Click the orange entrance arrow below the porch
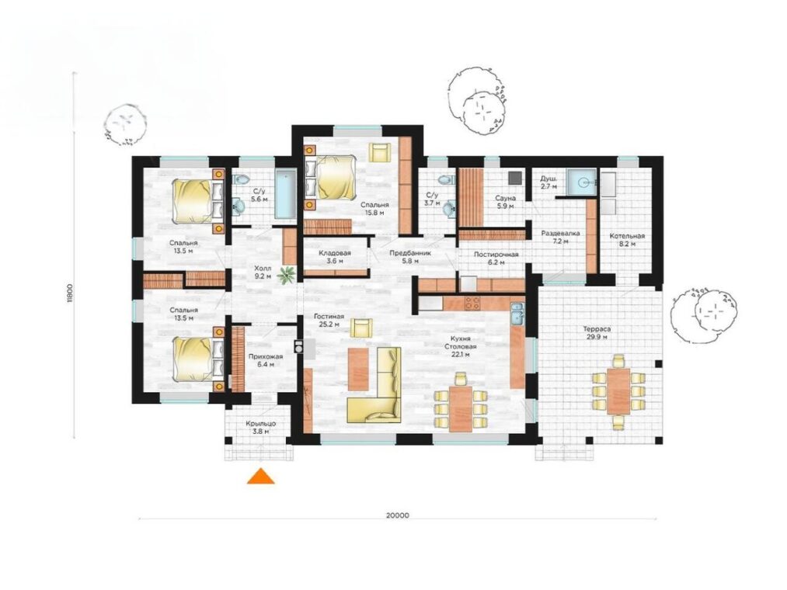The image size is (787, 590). (x=260, y=477)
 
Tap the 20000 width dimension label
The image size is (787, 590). (x=398, y=515)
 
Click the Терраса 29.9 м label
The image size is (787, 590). (x=597, y=333)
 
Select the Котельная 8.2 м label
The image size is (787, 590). (x=627, y=240)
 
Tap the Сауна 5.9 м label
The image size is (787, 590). (x=505, y=202)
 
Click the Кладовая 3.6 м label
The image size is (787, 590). (x=334, y=257)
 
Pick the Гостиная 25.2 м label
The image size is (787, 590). (x=329, y=320)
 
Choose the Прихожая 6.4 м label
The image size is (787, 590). (x=266, y=360)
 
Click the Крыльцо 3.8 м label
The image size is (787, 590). (x=260, y=428)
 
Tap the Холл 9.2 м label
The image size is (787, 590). (x=263, y=272)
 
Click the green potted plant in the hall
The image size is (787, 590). (x=287, y=275)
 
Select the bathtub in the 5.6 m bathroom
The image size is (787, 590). (x=287, y=194)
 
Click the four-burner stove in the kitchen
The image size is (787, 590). (x=472, y=302)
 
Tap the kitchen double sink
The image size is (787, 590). (x=517, y=313)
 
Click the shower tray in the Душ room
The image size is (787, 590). (x=582, y=182)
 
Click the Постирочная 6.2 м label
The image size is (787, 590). (x=496, y=258)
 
